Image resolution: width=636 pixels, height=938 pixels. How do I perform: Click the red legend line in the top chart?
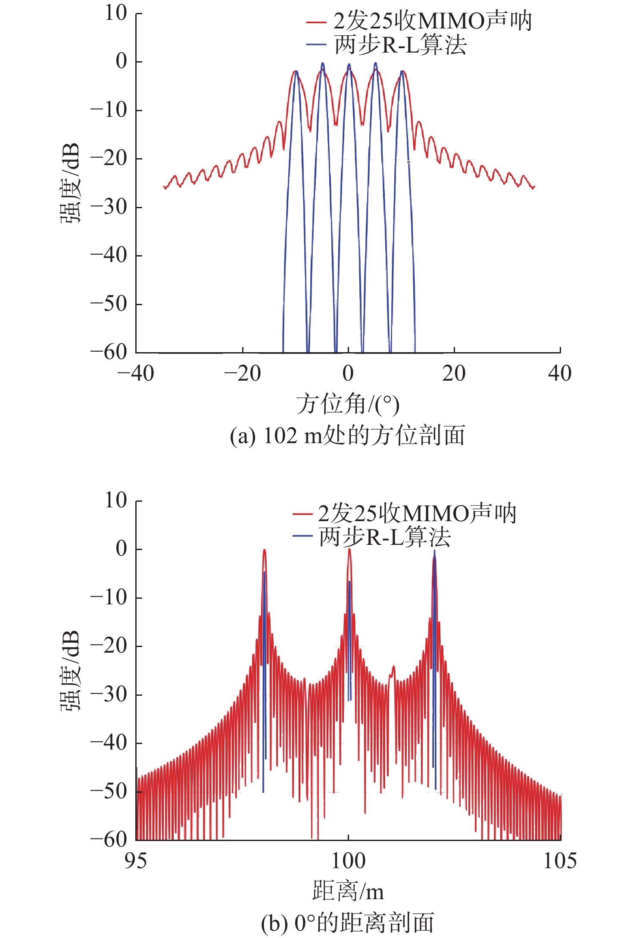click(x=315, y=22)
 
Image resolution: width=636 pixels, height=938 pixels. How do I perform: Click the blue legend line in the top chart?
click(x=315, y=44)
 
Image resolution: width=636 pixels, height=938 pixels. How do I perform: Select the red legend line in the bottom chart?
click(x=302, y=513)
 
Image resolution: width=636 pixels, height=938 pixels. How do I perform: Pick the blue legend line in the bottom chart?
click(x=302, y=536)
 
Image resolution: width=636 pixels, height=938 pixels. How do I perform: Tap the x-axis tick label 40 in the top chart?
click(x=560, y=373)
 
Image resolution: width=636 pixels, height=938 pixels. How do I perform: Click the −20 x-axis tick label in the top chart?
click(x=243, y=373)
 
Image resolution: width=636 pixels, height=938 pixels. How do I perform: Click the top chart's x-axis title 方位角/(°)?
click(x=348, y=404)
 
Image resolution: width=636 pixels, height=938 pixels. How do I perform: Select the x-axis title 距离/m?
click(x=348, y=891)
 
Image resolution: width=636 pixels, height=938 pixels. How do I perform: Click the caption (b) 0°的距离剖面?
click(x=347, y=923)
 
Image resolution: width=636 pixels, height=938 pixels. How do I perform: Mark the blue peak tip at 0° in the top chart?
click(x=349, y=64)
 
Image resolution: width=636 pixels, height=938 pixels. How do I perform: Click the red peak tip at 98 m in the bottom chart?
click(x=264, y=550)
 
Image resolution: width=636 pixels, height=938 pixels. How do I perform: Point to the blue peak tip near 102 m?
click(x=434, y=551)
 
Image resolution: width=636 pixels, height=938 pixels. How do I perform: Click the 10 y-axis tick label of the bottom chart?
click(x=116, y=500)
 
